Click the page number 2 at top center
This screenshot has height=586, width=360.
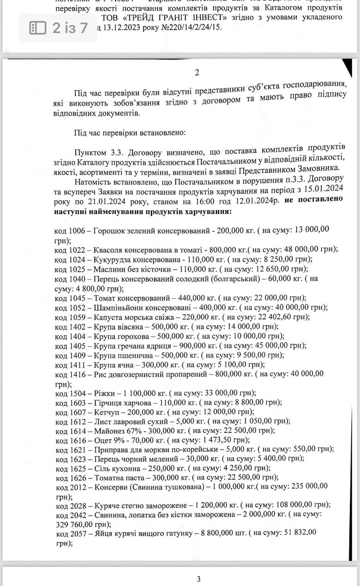[x=197, y=72]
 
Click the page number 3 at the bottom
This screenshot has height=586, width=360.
[x=198, y=579]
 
